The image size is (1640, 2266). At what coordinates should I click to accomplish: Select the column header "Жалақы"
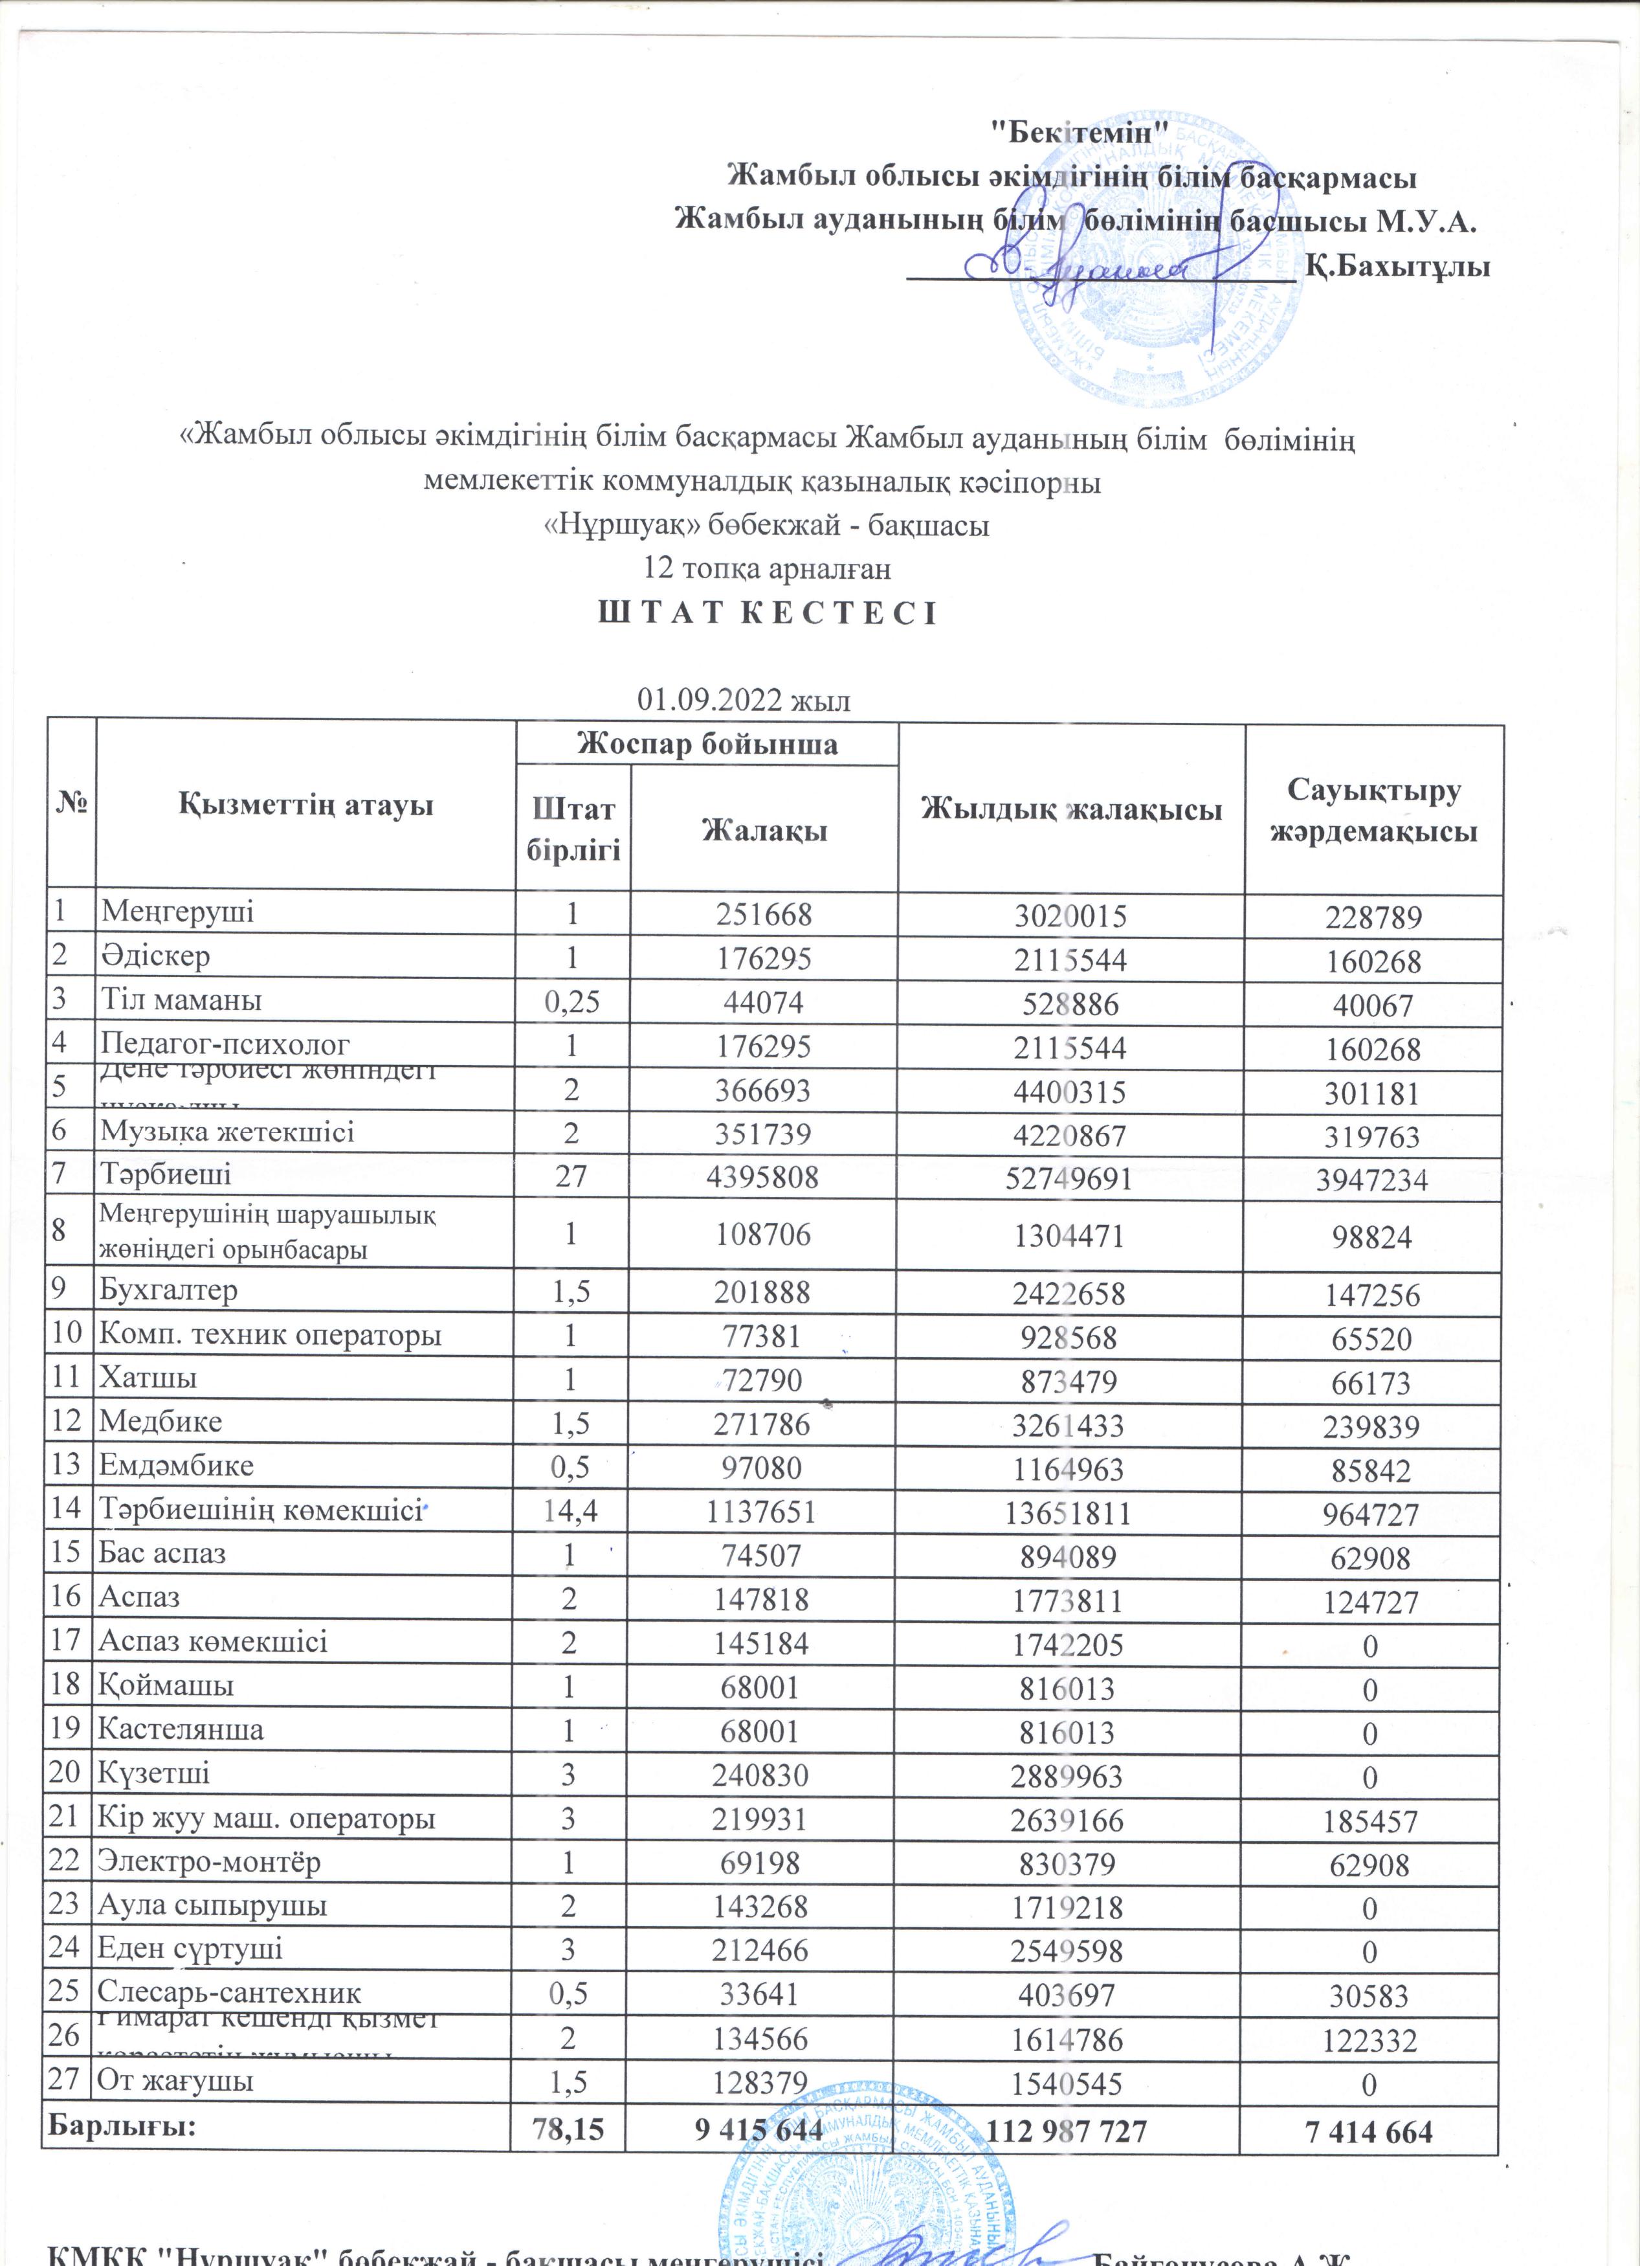click(764, 829)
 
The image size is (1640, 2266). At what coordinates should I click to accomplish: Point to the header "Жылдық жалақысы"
click(1070, 809)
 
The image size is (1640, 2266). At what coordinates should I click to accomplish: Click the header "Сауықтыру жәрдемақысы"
click(1373, 809)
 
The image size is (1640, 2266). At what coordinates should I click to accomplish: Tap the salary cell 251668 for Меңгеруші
click(764, 914)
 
